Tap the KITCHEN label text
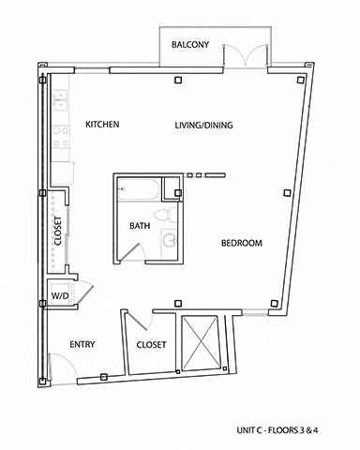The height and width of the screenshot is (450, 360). tap(102, 125)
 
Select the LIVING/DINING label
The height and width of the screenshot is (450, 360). tap(203, 125)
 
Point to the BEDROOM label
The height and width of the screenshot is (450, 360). tap(241, 244)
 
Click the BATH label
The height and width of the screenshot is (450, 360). tap(140, 226)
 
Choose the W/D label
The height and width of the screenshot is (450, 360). tap(60, 295)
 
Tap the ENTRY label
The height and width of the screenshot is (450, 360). tap(82, 344)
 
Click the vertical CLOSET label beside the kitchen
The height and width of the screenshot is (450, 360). tap(58, 231)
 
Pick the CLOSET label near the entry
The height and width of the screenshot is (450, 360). tap(151, 344)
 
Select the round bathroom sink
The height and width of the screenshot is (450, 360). tap(169, 242)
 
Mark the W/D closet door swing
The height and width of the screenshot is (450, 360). tap(81, 291)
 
